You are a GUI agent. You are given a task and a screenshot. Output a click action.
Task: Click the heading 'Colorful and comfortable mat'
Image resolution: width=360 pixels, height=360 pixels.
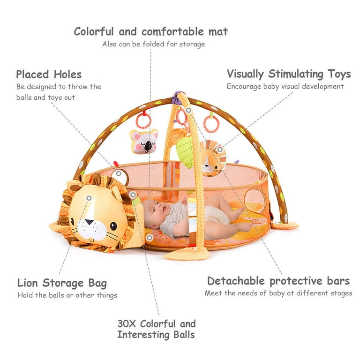coord(150,32)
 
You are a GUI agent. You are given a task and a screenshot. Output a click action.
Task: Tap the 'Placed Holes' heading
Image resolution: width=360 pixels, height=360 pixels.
coord(49,75)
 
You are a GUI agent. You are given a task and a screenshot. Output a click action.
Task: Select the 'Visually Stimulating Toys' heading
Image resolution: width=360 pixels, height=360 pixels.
coord(289,74)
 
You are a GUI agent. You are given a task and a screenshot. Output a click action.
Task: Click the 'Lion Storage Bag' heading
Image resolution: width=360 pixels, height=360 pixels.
coord(62,283)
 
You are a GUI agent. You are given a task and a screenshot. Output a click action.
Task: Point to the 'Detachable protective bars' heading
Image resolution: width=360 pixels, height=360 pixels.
coord(278,281)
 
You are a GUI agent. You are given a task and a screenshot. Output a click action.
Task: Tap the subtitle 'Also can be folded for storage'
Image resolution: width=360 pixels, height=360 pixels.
coord(154,44)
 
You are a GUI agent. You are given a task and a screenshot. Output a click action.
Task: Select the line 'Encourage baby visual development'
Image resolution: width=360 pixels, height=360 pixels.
coord(285,87)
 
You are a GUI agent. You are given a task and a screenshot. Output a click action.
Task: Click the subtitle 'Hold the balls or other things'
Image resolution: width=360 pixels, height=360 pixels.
coord(67,295)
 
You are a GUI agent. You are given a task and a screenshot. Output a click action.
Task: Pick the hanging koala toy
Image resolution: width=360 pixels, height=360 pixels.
coord(144,141)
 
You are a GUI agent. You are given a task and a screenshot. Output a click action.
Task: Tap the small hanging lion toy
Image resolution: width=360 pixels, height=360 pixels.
coord(212,159)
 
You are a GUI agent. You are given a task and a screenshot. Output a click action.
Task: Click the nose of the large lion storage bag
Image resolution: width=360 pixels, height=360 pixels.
coord(89,222)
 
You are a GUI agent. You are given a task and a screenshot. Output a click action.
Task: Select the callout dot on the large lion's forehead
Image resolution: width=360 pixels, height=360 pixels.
coord(89,198)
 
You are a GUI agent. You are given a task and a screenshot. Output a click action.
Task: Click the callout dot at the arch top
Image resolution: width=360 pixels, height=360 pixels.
coord(188,110)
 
